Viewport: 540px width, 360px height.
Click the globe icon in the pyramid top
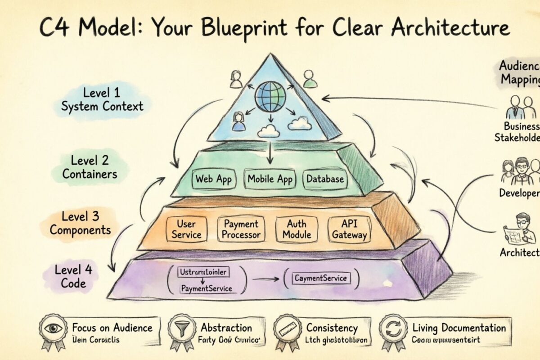[x=270, y=96]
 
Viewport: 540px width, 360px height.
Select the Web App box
[x=213, y=179]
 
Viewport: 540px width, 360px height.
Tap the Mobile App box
[x=270, y=179]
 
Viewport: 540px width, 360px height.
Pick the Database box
[x=325, y=179]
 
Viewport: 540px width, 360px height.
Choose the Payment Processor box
[x=241, y=229]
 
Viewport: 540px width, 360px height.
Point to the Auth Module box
[x=297, y=229]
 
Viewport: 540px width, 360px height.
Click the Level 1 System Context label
[x=102, y=100]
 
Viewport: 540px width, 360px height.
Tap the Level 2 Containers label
[x=90, y=167]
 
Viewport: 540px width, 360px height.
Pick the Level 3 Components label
[x=80, y=223]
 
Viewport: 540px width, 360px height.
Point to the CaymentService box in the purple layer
[x=320, y=278]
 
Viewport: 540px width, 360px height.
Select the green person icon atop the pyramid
[x=308, y=79]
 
